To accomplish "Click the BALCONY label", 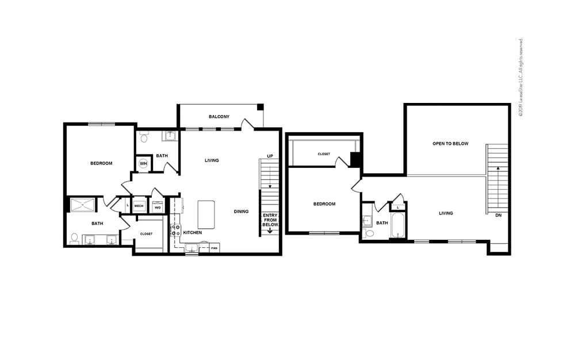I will point(219,117).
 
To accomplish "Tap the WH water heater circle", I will point(143,164).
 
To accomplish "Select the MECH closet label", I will point(139,206).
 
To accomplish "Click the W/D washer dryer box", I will point(157,207).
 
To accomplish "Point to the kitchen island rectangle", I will point(206,215).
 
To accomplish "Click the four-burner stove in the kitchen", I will point(175,231).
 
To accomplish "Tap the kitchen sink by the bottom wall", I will point(192,248).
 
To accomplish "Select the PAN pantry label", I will point(214,248).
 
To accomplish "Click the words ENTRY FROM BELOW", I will point(270,220).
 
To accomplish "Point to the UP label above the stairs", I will point(270,156).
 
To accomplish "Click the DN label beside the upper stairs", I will point(498,215).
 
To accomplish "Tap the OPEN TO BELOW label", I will point(450,144).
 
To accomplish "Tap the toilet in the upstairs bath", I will point(369,233).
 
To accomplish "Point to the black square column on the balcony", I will point(260,107).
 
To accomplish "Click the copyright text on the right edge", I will point(521,78).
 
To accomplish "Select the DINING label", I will point(242,212).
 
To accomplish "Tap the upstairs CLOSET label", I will point(324,154).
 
